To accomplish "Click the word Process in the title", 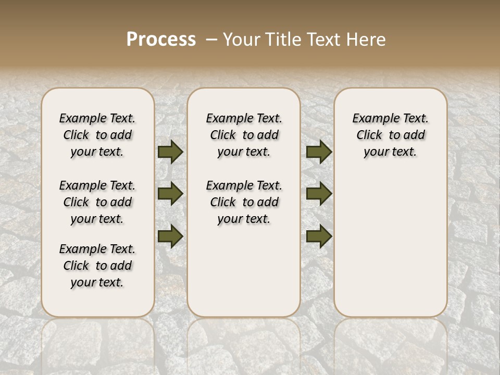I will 161,39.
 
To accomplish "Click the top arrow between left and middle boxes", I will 170,152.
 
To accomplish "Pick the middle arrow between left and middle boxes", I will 170,194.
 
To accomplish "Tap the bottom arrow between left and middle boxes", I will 170,236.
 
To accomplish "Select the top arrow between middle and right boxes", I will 319,152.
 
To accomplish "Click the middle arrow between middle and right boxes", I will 319,194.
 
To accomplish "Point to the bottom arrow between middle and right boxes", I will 319,236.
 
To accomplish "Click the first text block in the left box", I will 97,135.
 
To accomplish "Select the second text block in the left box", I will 97,202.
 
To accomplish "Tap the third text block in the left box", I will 97,266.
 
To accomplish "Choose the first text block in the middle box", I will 244,135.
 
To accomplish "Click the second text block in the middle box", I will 244,202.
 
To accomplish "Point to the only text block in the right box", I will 390,135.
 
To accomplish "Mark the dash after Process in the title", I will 211,40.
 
